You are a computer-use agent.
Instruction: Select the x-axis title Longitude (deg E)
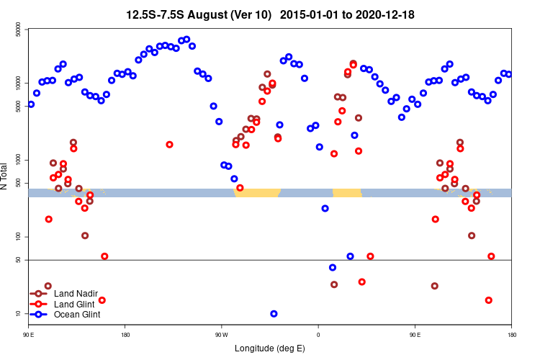pos(270,349)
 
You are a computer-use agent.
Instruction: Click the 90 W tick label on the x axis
pos(221,335)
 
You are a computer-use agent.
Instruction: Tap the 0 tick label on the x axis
pos(318,335)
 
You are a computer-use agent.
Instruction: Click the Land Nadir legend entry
pos(76,293)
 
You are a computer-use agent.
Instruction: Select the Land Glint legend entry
pos(75,304)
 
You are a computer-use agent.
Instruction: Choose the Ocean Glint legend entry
pos(77,314)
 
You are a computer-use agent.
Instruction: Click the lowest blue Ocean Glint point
pos(274,314)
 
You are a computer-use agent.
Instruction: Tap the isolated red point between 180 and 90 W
pos(169,145)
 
